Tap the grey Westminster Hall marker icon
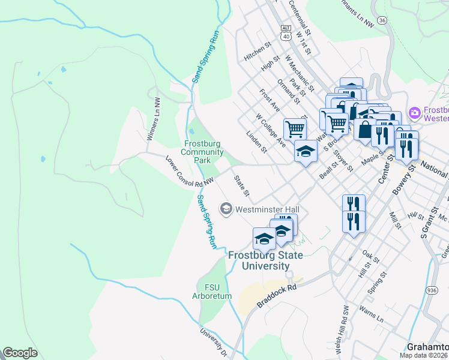pos(226,209)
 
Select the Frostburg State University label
pos(265,260)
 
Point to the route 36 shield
pos(382,20)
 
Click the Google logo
pos(20,352)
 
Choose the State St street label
pos(241,186)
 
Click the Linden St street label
pos(257,142)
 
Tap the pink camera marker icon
pos(414,113)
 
